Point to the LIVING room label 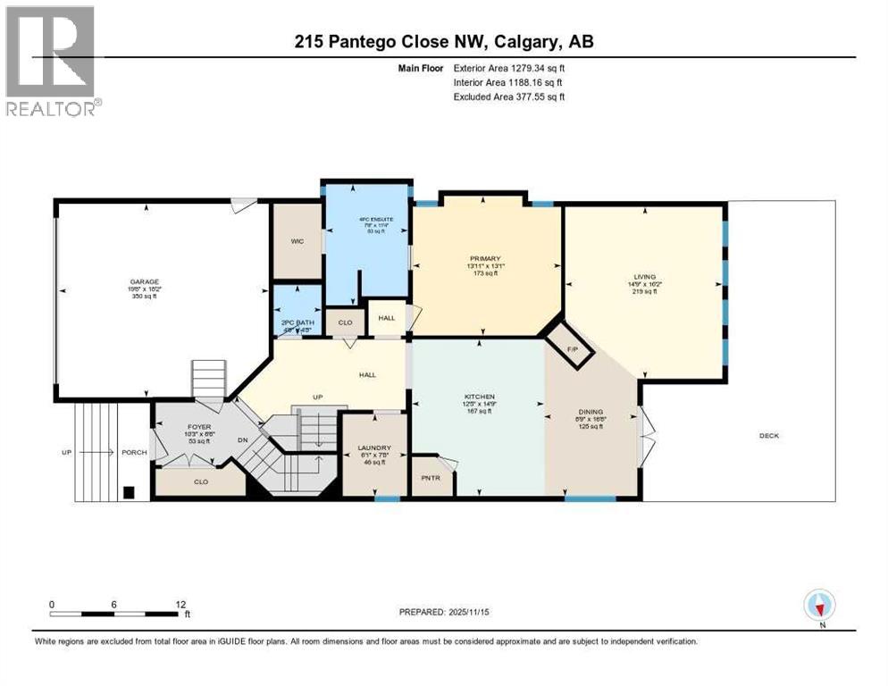click(641, 277)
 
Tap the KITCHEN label click(479, 397)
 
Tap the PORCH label click(134, 452)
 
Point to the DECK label click(768, 436)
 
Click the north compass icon click(819, 606)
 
